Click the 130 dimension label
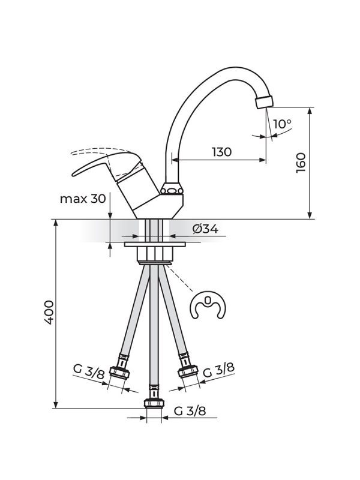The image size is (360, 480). pyautogui.click(x=222, y=152)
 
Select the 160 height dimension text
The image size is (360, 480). pyautogui.click(x=301, y=163)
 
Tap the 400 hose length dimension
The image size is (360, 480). pyautogui.click(x=49, y=312)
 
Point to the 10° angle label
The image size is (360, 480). pyautogui.click(x=282, y=124)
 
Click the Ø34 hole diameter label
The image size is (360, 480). pyautogui.click(x=205, y=229)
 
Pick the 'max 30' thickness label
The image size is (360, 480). pyautogui.click(x=83, y=199)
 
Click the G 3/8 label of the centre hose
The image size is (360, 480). pyautogui.click(x=190, y=411)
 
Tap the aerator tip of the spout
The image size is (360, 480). pyautogui.click(x=264, y=101)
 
